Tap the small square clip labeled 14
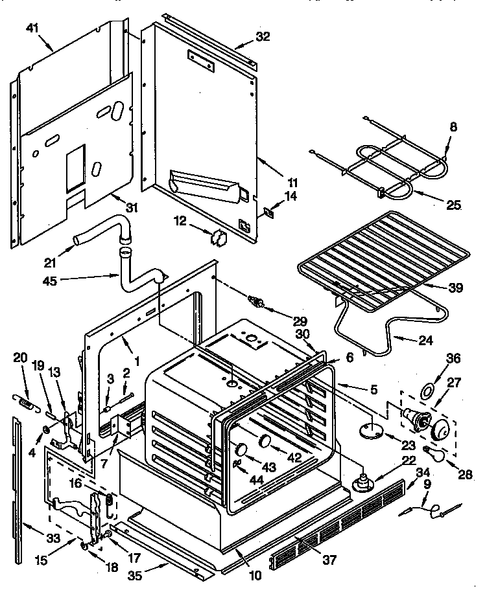[x=268, y=210]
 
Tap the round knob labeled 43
[x=241, y=449]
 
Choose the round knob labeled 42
[x=265, y=441]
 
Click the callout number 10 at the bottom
[x=255, y=575]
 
